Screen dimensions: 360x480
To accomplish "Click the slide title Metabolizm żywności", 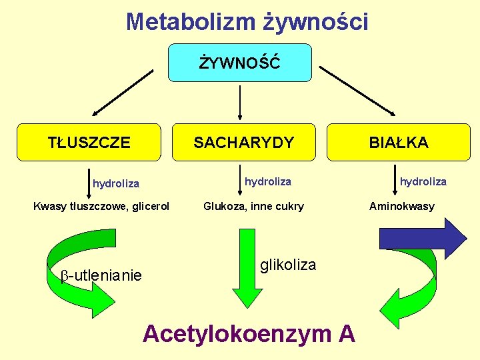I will tap(247, 21).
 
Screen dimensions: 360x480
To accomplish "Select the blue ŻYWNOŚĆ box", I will tap(240, 63).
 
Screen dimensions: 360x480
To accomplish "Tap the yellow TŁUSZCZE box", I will tap(89, 142).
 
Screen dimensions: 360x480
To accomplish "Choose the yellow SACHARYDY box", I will tap(244, 142).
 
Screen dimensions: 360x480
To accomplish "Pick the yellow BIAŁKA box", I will tap(399, 142).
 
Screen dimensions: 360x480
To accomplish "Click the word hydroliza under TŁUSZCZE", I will tap(116, 183).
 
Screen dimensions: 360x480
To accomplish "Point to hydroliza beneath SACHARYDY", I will tap(268, 181).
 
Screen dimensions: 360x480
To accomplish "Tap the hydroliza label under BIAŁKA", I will tap(423, 181).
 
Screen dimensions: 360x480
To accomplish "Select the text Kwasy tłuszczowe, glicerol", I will tap(101, 206).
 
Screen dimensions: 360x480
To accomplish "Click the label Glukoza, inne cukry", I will tap(253, 206).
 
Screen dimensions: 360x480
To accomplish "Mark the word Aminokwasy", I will tap(402, 206).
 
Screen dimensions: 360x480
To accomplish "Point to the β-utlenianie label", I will tap(101, 275).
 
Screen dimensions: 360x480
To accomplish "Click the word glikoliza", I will tap(288, 265).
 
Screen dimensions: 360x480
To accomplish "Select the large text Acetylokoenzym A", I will tap(249, 333).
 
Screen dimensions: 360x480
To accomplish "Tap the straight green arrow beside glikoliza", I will tap(246, 267).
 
